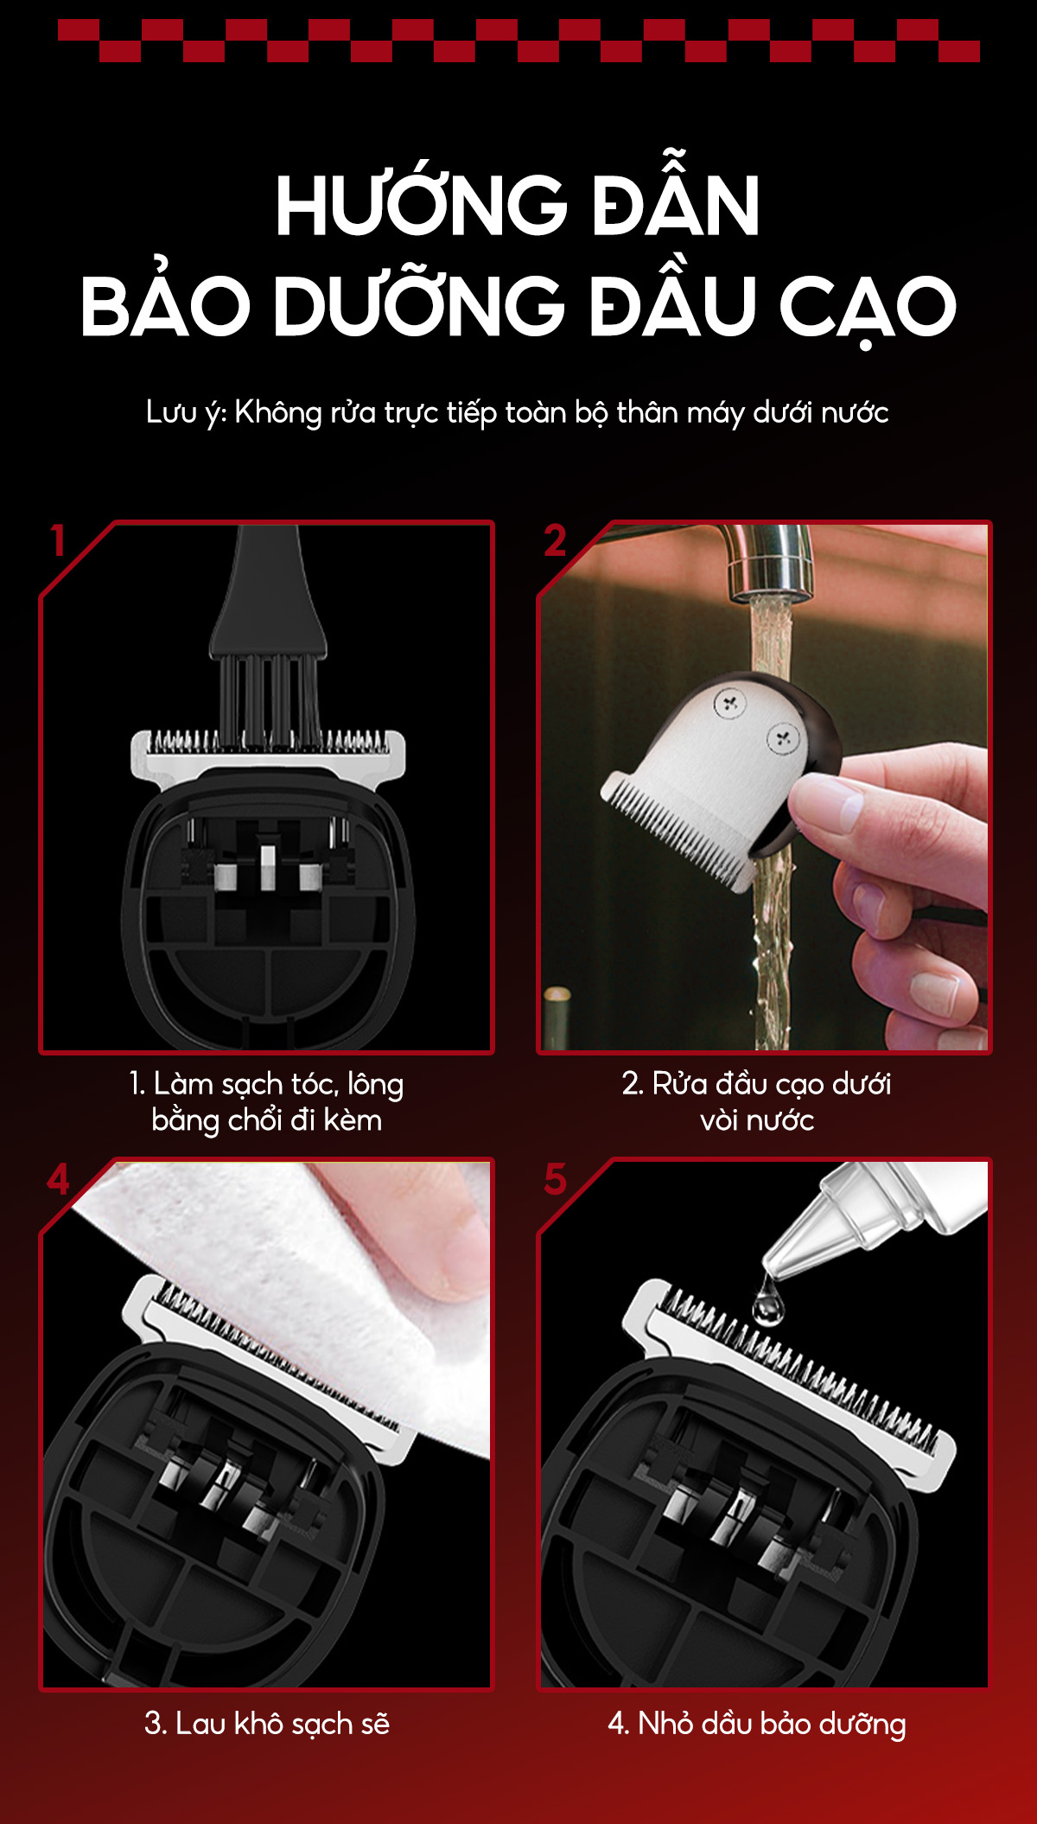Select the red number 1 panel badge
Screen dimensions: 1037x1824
[58, 541]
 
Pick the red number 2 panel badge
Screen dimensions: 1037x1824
[555, 541]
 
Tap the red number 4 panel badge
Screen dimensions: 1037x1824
[58, 1179]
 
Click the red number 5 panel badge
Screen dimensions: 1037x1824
[555, 1179]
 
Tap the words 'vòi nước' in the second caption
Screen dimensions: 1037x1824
[757, 1121]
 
